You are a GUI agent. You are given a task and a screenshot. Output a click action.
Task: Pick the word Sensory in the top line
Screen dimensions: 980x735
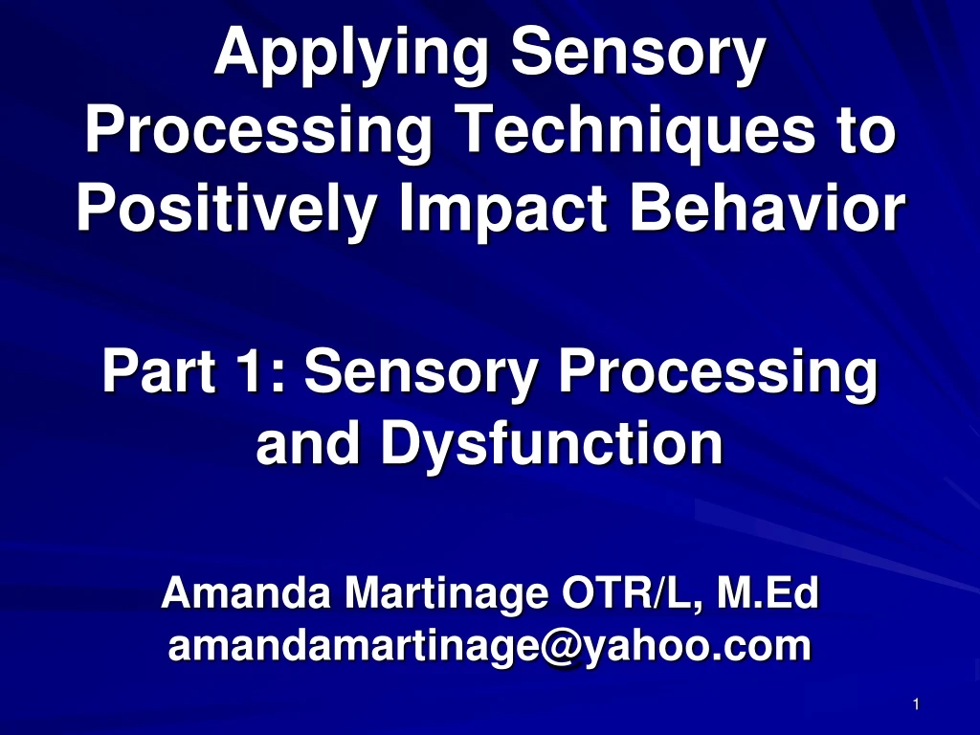click(638, 56)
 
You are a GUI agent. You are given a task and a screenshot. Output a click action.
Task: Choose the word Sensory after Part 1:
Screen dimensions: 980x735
click(421, 374)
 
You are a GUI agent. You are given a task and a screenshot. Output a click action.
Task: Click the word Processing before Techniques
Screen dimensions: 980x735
click(258, 132)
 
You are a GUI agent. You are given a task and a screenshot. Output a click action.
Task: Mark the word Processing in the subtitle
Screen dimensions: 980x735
click(718, 374)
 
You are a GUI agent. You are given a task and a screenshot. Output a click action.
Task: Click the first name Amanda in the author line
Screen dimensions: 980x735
click(246, 593)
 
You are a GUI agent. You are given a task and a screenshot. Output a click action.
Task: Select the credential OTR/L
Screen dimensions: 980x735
click(633, 594)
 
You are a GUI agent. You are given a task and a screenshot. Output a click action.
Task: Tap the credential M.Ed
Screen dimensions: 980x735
click(768, 593)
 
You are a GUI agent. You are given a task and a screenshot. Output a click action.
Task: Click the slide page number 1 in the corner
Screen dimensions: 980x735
click(916, 704)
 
